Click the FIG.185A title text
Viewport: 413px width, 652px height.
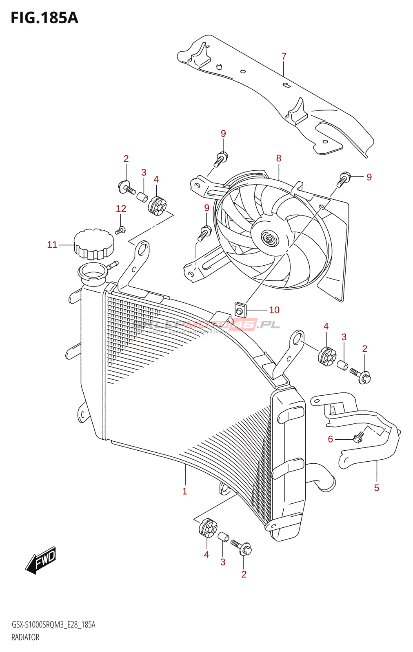pos(44,18)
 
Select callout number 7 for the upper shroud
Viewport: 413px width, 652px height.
pos(284,56)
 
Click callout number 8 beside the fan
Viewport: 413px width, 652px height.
pos(279,158)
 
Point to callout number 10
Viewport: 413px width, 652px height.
pos(274,310)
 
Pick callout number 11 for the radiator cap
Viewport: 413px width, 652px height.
pos(52,244)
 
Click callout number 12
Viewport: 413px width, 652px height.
pos(121,209)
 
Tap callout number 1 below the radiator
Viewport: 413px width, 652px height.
pos(185,491)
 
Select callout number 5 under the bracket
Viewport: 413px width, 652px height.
pos(377,488)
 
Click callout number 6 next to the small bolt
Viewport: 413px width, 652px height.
pos(331,439)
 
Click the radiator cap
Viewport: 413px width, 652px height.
pos(93,244)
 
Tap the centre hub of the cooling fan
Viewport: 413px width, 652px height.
pos(269,239)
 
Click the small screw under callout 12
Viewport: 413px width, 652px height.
pos(120,231)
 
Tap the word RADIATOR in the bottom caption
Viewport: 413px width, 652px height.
pos(25,637)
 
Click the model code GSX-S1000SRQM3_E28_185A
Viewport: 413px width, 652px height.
pos(53,625)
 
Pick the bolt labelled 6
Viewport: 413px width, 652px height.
pos(358,437)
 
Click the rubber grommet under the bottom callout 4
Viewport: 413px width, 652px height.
pos(208,528)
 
